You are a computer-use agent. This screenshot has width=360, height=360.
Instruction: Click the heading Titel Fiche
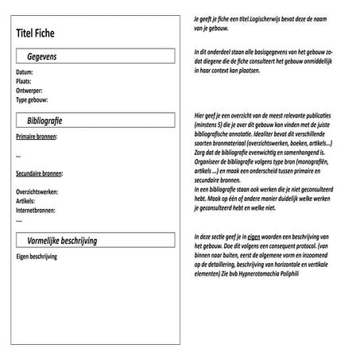tap(42, 33)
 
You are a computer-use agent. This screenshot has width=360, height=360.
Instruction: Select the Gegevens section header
tap(41, 57)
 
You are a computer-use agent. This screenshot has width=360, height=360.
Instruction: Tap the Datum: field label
tap(25, 72)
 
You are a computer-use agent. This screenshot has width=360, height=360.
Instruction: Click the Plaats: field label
tap(25, 81)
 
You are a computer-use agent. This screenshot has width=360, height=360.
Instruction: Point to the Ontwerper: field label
tap(29, 91)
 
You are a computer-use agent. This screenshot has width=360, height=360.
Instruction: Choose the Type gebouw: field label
tap(33, 99)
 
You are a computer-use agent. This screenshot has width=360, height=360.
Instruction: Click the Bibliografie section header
tap(45, 121)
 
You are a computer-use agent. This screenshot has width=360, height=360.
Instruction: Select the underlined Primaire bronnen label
tap(36, 137)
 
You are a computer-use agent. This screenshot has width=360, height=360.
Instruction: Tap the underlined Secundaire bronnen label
tap(39, 173)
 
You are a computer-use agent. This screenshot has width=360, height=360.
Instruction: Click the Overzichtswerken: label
tap(37, 192)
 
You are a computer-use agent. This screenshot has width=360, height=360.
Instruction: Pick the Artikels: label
tap(25, 202)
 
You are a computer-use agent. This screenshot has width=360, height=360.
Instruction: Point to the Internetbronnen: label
tap(36, 211)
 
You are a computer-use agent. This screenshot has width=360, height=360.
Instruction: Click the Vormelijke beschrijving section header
tap(61, 238)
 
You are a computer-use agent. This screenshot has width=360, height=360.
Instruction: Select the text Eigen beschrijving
tap(37, 257)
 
